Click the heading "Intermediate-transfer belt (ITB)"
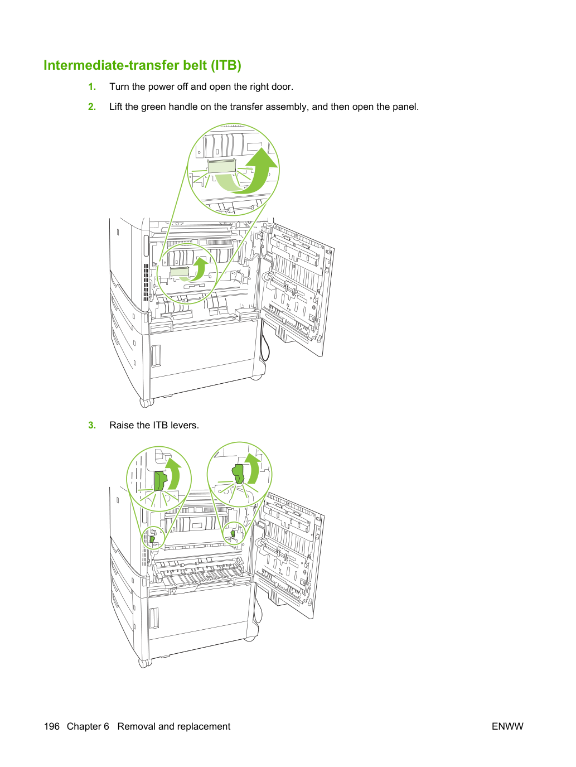tap(142, 65)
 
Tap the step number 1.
tap(92, 86)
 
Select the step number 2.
tap(92, 107)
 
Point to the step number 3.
tap(92, 425)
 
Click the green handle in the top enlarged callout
tap(222, 166)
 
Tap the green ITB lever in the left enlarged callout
tap(160, 481)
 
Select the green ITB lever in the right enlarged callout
tap(238, 474)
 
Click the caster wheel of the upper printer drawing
tap(146, 403)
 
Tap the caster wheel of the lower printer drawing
tap(145, 663)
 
